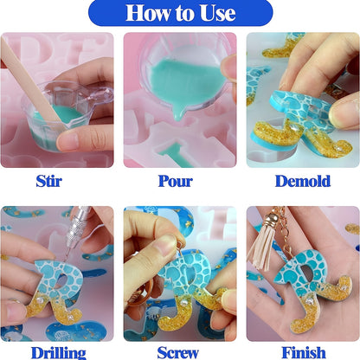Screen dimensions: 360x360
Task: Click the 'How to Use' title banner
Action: [180, 13]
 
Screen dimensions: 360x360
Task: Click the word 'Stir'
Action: [48, 181]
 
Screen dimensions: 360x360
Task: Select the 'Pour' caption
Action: [176, 181]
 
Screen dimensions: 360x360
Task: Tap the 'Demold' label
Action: [303, 181]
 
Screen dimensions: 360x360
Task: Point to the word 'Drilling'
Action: [58, 353]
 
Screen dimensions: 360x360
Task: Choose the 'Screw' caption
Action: [178, 352]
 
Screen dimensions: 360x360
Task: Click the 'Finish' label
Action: [304, 352]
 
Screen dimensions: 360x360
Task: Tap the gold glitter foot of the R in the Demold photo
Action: [274, 137]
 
